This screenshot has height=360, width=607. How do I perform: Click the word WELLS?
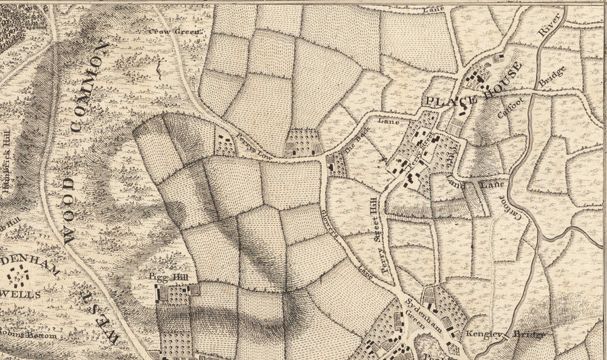[x=24, y=295]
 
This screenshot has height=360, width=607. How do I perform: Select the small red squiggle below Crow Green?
[x=159, y=67]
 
